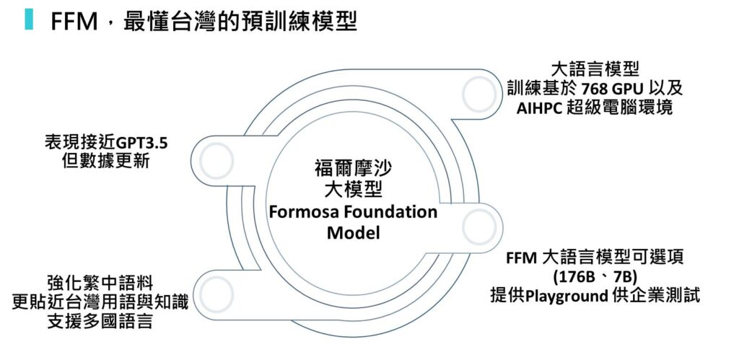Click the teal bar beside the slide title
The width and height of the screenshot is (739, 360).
[29, 19]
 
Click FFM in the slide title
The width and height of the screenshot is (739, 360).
[74, 22]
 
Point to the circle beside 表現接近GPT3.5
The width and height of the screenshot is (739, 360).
[216, 161]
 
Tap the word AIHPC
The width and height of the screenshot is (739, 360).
[543, 108]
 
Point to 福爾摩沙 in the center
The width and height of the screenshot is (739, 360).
[353, 170]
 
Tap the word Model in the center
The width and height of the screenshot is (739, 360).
[353, 233]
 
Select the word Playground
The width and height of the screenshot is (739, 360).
[570, 296]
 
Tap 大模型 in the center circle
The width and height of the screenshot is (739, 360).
[353, 191]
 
